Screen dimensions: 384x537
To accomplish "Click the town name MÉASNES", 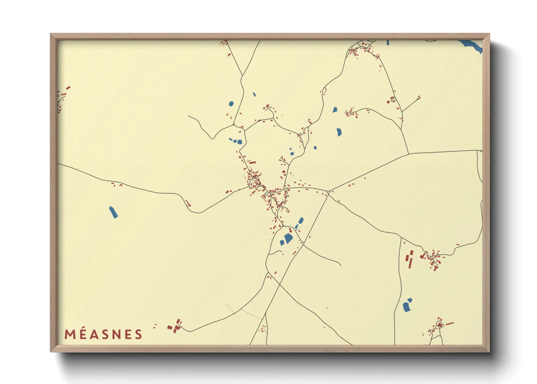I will point(103,334).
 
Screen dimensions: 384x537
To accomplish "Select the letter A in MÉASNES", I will point(94,334).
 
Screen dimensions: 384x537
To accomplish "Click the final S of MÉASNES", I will point(139,334).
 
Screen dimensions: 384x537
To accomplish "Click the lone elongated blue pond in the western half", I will point(113,212).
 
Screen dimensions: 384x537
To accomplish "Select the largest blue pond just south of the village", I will point(288,238).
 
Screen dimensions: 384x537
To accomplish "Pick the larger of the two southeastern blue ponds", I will point(406,307).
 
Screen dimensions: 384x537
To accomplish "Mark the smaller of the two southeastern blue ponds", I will point(410,300).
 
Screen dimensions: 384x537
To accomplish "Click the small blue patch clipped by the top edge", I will point(388,42).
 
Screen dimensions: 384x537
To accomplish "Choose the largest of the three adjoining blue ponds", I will point(239,142).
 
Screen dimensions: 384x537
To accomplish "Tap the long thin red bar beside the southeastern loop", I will point(450,323).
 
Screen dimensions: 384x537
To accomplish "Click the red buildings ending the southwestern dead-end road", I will point(175,326).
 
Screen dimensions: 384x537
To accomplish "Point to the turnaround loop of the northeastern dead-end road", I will point(419,97).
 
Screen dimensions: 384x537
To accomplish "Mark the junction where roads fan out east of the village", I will point(328,191).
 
